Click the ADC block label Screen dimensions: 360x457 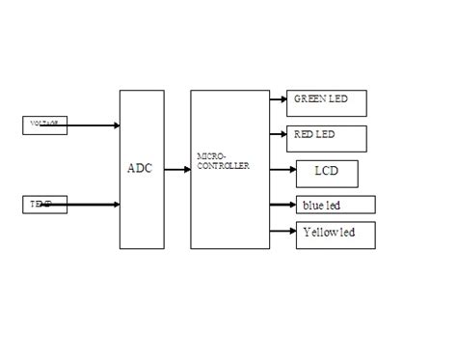pos(140,168)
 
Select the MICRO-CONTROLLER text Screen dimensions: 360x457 pos(222,160)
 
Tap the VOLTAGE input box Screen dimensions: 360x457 pos(44,125)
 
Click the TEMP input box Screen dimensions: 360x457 pos(44,205)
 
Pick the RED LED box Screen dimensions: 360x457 pos(327,137)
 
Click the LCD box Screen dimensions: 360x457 pos(327,173)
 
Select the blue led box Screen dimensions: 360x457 pos(335,205)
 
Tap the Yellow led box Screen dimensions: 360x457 pos(335,235)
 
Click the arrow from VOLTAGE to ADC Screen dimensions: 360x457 pos(93,125)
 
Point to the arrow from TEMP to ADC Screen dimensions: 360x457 pos(93,205)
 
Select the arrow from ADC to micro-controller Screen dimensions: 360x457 pos(177,169)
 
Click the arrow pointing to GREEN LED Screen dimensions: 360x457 pos(278,98)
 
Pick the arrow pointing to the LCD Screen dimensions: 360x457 pos(282,170)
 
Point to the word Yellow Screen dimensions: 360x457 pos(319,233)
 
